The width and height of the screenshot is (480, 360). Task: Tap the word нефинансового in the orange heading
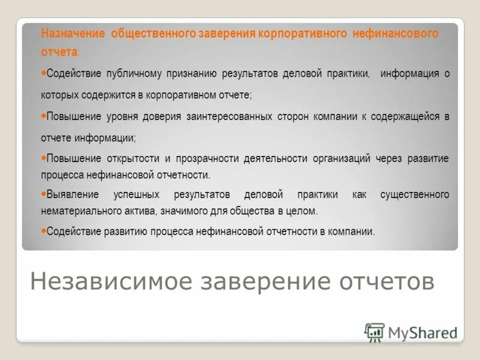(x=404, y=33)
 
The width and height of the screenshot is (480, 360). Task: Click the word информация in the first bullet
(x=410, y=74)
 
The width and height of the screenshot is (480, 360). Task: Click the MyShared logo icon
(x=374, y=331)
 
